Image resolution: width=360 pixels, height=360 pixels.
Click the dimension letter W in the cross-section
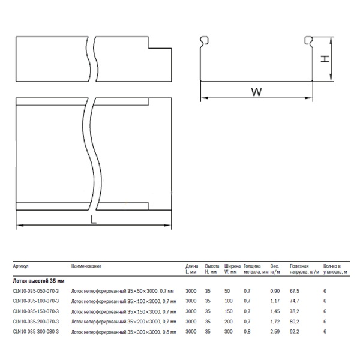(256, 92)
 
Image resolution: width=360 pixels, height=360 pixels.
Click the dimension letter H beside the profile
(325, 59)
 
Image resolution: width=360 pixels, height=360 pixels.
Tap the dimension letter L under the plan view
(93, 220)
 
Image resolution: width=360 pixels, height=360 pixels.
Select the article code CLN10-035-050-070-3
(36, 291)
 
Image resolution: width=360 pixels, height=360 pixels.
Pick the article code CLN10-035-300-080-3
(36, 332)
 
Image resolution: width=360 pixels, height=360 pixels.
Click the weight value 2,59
(275, 332)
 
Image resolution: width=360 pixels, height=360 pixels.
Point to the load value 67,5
(295, 291)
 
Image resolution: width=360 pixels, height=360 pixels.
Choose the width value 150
(229, 311)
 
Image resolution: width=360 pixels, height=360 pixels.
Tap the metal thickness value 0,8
(247, 332)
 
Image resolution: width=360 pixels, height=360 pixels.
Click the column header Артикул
(20, 266)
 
